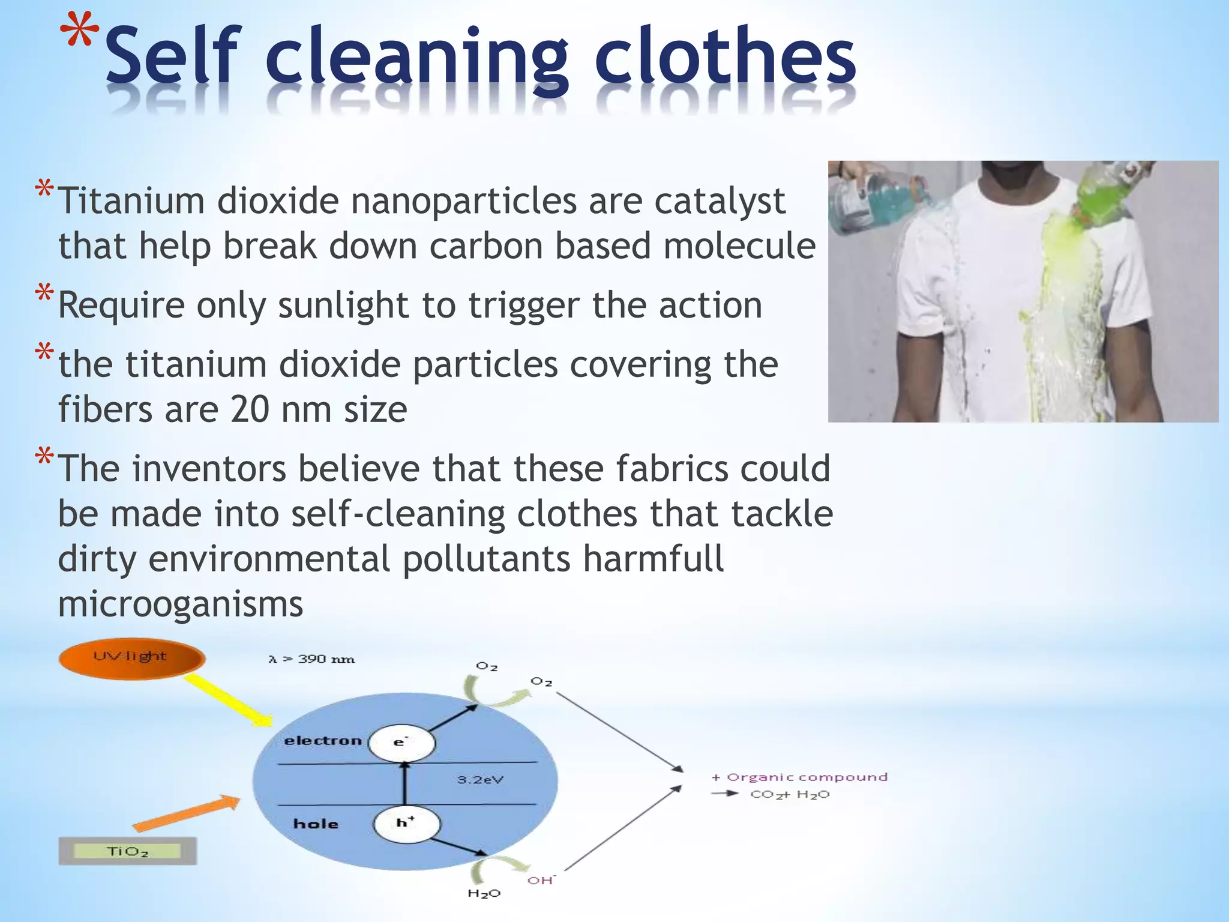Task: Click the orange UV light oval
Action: point(131,658)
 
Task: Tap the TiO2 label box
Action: point(127,851)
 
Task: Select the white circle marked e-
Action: point(401,743)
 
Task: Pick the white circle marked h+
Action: point(406,824)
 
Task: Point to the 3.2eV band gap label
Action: point(480,780)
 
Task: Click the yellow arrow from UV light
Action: point(228,700)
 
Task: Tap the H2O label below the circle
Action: point(484,894)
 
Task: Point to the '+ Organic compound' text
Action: point(799,777)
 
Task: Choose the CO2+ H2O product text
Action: point(790,795)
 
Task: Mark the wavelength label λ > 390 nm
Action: point(311,660)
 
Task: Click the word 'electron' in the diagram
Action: point(323,741)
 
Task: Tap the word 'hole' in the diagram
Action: point(316,824)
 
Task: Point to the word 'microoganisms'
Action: point(181,604)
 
